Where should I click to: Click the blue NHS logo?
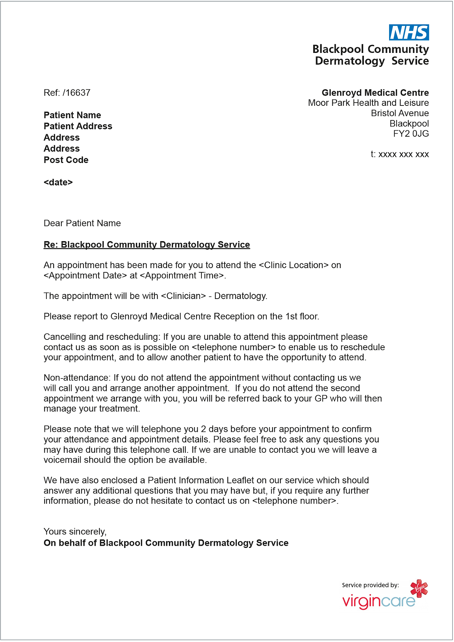409,33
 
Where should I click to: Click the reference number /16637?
77,93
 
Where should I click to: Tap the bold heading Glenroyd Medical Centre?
375,93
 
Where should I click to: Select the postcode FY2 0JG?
411,134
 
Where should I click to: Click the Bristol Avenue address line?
399,113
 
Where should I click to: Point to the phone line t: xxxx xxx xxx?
399,154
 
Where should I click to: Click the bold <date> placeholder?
58,183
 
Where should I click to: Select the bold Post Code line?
66,160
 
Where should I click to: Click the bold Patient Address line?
78,126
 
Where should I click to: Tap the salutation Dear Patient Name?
82,223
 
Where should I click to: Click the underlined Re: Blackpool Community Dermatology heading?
146,245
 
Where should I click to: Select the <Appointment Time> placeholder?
182,276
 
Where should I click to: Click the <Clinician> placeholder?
183,296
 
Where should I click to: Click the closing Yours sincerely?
75,532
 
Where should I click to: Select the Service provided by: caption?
370,585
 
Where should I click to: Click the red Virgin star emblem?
419,588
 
